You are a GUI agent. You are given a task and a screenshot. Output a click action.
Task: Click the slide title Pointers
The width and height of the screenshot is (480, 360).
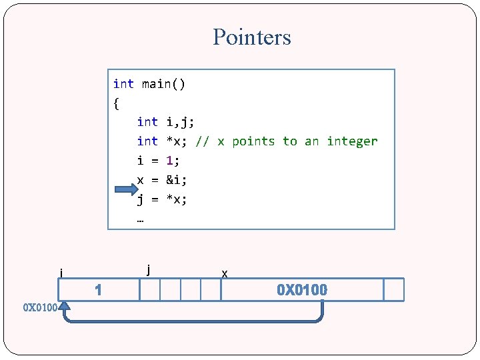(x=252, y=37)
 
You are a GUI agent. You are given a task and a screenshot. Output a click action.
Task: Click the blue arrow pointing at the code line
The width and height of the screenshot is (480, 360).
(x=125, y=189)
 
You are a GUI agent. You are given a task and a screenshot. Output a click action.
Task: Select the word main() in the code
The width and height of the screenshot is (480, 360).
(x=164, y=84)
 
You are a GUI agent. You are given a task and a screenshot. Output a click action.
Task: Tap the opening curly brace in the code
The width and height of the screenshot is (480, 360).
(x=117, y=103)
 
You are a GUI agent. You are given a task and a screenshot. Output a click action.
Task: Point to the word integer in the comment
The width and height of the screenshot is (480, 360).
(x=352, y=141)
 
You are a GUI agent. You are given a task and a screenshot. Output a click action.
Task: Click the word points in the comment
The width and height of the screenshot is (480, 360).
(x=253, y=141)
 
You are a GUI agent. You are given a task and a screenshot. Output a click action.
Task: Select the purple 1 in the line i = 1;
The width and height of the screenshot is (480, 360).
(x=169, y=161)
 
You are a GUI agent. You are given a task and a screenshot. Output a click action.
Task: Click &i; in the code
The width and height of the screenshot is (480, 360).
(x=177, y=180)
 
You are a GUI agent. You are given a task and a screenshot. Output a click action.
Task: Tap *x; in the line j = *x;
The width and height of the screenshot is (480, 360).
(x=177, y=199)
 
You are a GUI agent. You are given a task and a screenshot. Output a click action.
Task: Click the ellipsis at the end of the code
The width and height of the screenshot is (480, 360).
(x=141, y=218)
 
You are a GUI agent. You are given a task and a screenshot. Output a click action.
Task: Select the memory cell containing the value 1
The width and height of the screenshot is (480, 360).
(x=98, y=290)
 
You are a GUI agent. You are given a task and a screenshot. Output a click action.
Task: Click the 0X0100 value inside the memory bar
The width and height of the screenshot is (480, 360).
(x=302, y=290)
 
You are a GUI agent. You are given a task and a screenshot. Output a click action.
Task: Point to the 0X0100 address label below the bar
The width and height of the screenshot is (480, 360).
(x=39, y=308)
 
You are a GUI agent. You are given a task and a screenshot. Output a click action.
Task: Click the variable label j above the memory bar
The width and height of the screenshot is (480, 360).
(x=147, y=269)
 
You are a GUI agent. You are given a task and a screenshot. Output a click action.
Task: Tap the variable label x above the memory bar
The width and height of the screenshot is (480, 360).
(x=225, y=273)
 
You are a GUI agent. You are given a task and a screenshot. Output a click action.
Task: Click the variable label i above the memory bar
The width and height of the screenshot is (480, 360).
(x=61, y=273)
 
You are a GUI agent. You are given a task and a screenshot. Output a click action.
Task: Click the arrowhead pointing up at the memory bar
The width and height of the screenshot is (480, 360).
(x=64, y=307)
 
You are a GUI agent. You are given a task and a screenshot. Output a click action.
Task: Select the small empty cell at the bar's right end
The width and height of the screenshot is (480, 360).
(x=394, y=290)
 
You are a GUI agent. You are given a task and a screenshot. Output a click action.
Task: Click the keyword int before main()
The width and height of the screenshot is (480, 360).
(x=123, y=84)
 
